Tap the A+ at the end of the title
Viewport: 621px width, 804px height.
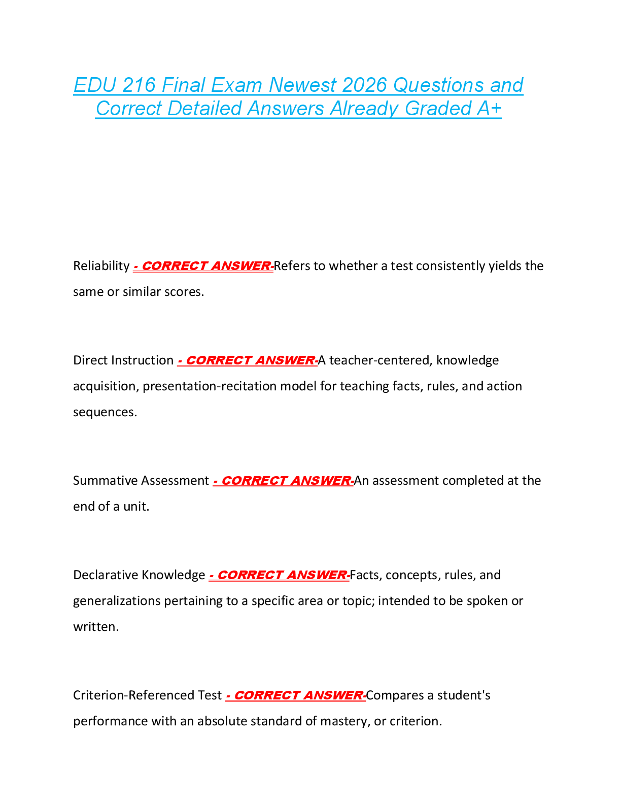[x=489, y=109]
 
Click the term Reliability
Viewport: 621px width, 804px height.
[x=101, y=266]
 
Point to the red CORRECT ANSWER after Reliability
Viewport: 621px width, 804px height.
[x=203, y=266]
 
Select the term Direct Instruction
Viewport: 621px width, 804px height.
[x=123, y=360]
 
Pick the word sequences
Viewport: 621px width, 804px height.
[x=105, y=412]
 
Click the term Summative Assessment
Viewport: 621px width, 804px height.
[x=141, y=481]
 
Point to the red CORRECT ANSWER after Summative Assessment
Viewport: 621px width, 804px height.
[x=283, y=481]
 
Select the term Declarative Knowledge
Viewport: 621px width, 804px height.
[x=139, y=575]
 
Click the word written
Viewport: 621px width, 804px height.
[x=95, y=627]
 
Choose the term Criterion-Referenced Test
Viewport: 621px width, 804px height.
[x=147, y=695]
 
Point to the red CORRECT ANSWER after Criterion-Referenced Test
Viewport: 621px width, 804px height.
[x=295, y=695]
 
